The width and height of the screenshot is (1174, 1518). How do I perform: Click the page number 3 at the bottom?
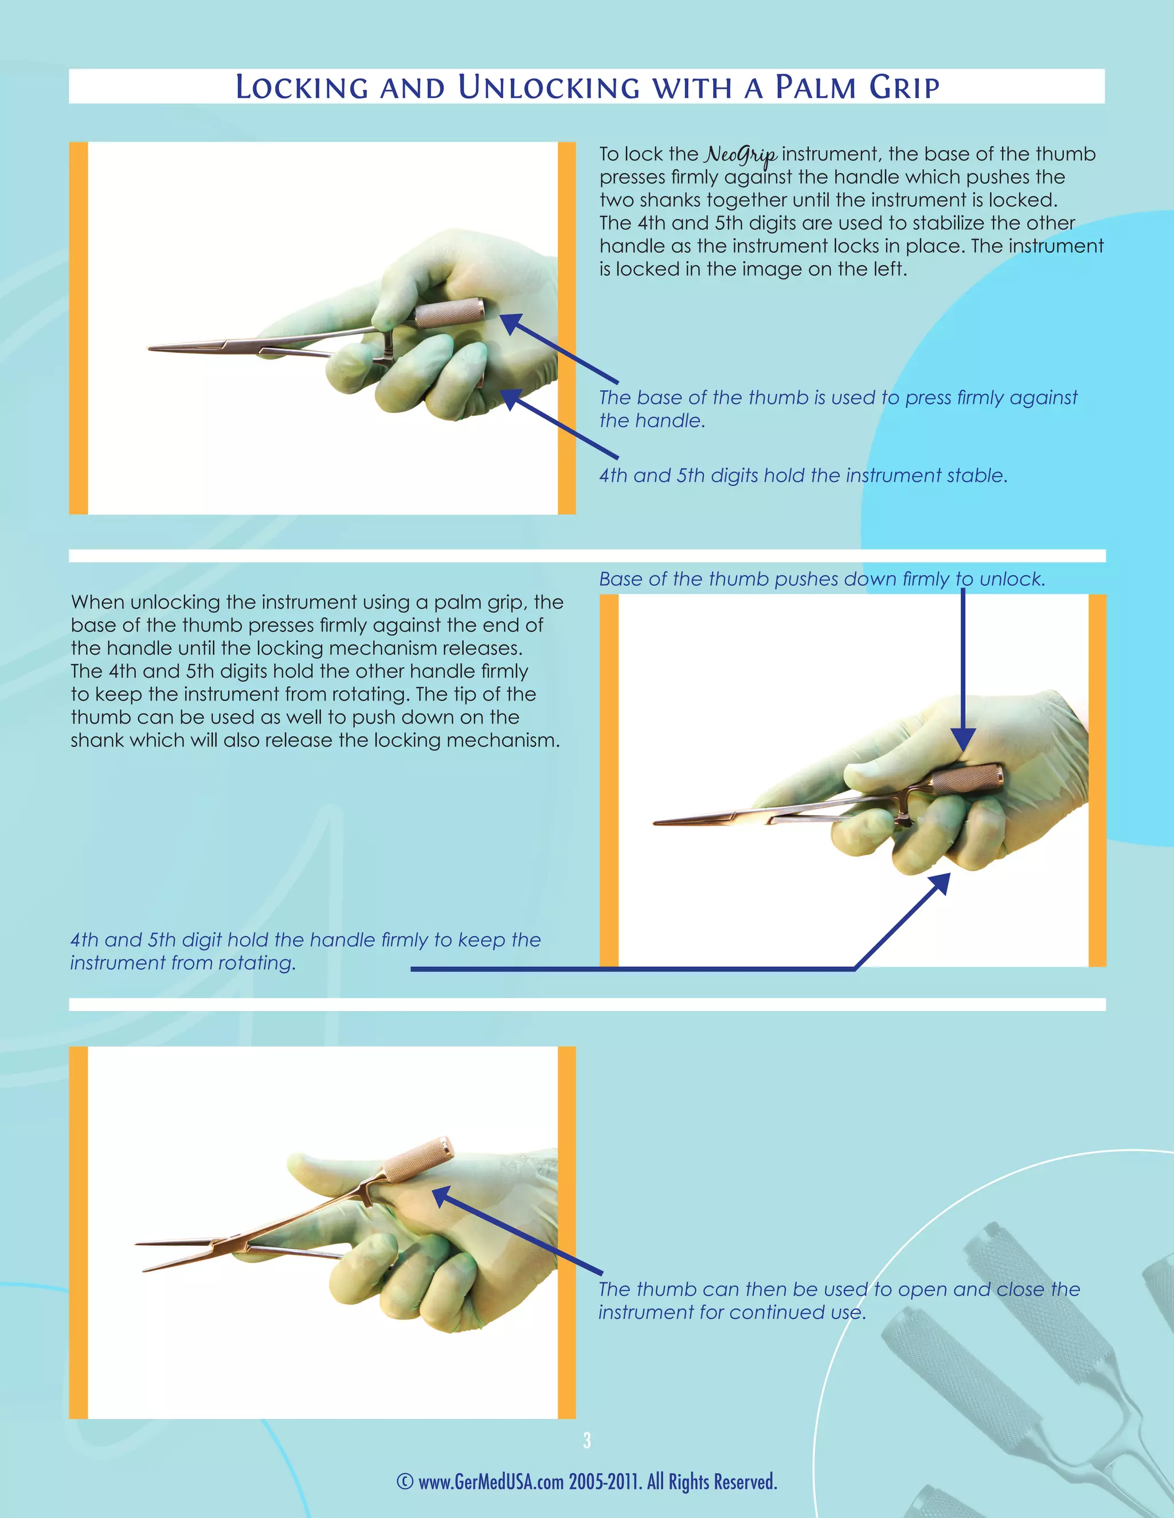(587, 1440)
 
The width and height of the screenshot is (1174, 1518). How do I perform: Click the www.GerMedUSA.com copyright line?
(586, 1481)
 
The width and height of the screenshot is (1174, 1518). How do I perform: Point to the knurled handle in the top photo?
(450, 312)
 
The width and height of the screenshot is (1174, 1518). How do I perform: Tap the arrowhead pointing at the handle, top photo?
(511, 323)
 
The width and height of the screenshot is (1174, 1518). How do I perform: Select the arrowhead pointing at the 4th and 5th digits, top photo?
(511, 399)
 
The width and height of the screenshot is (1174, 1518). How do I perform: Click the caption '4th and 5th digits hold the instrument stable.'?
(803, 475)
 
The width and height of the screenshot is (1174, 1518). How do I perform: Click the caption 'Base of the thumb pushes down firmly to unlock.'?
(821, 579)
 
